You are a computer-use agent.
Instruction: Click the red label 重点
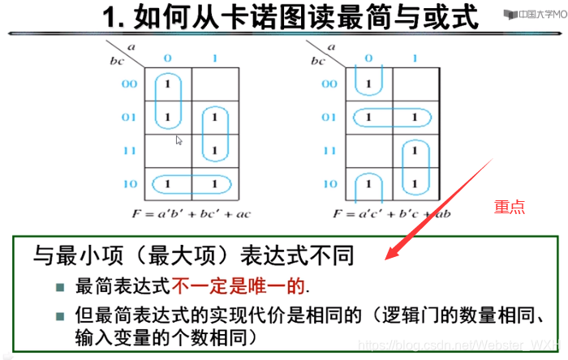point(510,208)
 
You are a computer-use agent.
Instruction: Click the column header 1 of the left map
point(215,58)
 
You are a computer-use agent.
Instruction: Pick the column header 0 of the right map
point(369,58)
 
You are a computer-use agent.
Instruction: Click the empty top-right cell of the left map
point(215,84)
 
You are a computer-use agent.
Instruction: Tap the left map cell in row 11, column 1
point(215,151)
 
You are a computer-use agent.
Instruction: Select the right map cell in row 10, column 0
point(369,184)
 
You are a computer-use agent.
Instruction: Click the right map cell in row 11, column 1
point(415,151)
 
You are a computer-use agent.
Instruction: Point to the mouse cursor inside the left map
point(179,140)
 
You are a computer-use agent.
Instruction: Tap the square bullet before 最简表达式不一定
point(59,287)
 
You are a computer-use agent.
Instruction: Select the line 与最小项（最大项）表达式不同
point(193,256)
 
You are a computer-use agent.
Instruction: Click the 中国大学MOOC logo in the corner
point(532,14)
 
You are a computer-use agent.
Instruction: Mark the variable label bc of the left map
point(116,59)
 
